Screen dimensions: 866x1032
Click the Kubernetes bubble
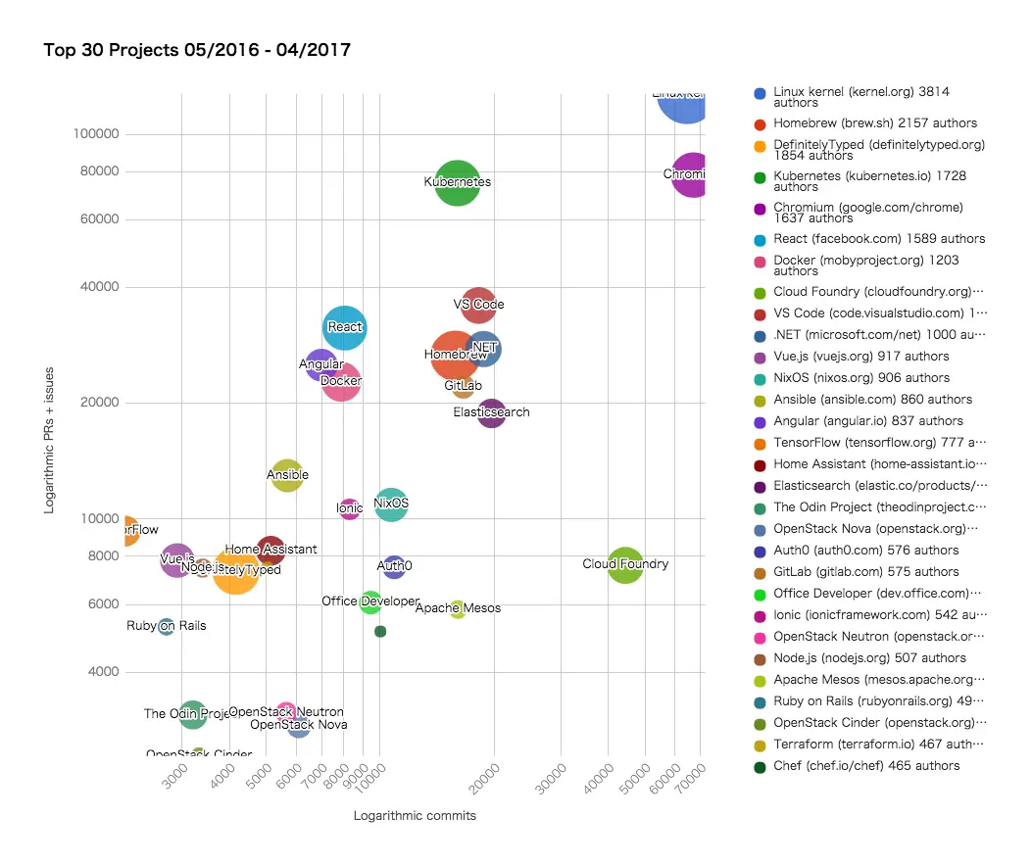click(x=457, y=183)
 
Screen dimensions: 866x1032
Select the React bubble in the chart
click(x=345, y=327)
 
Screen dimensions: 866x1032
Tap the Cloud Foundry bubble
click(x=625, y=564)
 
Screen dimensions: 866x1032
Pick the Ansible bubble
click(x=287, y=475)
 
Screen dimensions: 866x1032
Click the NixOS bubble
click(x=390, y=504)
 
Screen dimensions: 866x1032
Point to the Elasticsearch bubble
click(x=491, y=412)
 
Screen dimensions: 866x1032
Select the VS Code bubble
click(x=478, y=305)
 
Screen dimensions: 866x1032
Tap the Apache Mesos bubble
click(x=458, y=609)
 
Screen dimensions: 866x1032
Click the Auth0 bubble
click(x=394, y=566)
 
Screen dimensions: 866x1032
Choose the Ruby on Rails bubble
click(x=167, y=626)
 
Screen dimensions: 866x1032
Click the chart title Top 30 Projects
click(x=197, y=49)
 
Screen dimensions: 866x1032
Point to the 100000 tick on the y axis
click(x=96, y=134)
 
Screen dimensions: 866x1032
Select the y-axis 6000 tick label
click(x=100, y=604)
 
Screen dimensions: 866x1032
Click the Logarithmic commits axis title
click(x=415, y=815)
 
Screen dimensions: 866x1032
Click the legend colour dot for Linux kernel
click(x=760, y=93)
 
